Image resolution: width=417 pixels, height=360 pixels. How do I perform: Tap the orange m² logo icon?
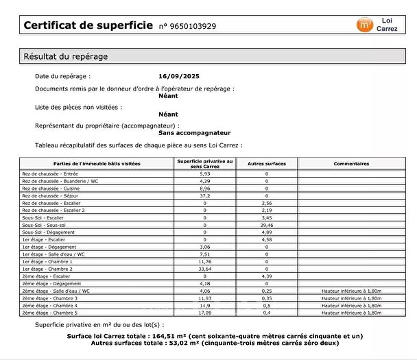coord(364,25)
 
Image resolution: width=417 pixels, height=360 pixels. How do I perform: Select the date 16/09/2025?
coord(178,76)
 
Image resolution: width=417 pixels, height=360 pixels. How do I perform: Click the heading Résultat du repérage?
coord(65,56)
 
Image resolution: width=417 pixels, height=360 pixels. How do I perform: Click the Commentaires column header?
coord(351,164)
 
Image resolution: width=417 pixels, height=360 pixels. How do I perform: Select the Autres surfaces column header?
coord(267,164)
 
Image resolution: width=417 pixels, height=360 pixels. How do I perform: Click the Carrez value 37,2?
coord(204,195)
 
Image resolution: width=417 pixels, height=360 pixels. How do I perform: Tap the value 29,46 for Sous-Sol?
coord(267,224)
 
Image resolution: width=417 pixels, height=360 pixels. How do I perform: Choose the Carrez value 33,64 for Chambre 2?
coord(204,268)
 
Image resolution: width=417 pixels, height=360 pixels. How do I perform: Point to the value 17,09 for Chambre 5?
coord(204,313)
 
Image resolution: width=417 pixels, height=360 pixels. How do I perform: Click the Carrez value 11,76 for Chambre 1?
coord(204,261)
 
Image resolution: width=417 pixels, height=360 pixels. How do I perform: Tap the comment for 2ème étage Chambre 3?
coord(351,298)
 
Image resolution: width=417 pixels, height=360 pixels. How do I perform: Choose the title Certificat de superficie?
coord(88,25)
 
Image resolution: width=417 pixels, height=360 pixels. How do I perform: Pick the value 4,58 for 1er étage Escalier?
coord(267,239)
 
